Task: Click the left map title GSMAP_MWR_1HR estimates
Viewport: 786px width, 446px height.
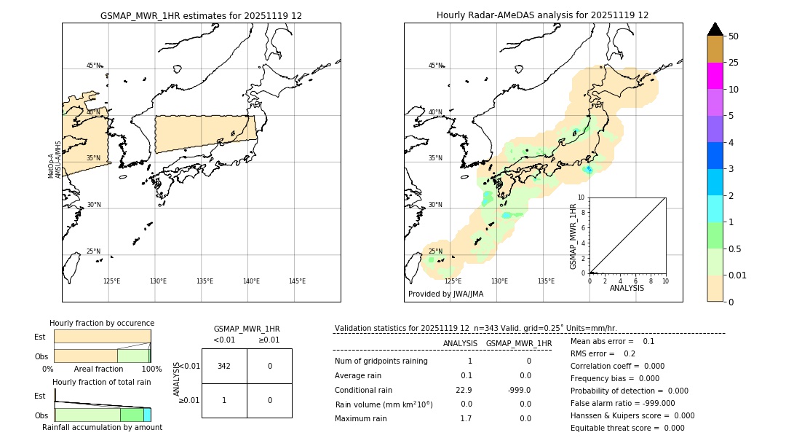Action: pos(201,15)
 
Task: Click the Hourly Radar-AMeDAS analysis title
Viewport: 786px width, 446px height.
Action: pos(542,15)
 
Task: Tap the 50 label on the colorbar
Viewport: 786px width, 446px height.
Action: pos(734,36)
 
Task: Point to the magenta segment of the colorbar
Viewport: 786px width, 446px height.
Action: pos(715,76)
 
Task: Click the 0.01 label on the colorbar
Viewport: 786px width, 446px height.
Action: pos(738,275)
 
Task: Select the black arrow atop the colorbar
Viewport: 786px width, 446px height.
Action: pos(715,29)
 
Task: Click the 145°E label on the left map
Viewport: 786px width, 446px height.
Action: pos(297,281)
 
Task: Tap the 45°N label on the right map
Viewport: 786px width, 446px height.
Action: pos(435,66)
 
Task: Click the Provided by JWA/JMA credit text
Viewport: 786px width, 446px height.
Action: pos(445,294)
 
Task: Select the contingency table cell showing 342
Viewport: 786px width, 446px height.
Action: pos(224,366)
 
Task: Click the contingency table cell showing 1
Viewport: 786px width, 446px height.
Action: pos(224,400)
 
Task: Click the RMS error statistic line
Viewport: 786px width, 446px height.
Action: pos(603,353)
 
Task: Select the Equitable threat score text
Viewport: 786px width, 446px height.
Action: pos(627,428)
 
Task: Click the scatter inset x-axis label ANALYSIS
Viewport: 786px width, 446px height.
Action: pos(627,288)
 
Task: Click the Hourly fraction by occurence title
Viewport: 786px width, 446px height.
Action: pos(102,324)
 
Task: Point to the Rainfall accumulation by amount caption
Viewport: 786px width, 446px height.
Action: pos(102,428)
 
